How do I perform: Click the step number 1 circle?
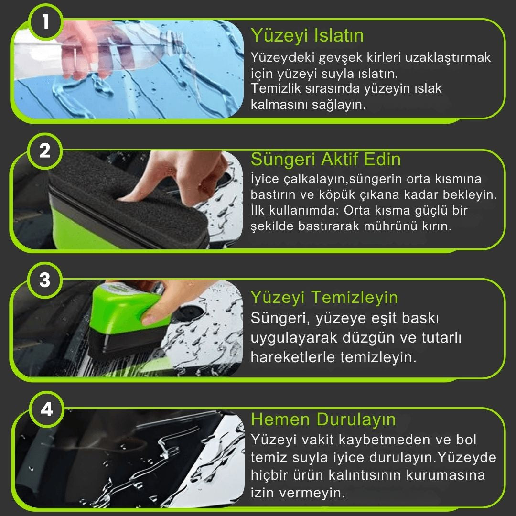pos(46,22)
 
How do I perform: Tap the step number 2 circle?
pos(45,151)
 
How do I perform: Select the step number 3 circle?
pos(45,280)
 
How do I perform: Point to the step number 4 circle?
pos(46,409)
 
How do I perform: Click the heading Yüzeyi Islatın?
pos(307,35)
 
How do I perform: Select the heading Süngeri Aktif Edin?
pos(326,159)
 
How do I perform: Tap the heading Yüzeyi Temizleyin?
pos(324,297)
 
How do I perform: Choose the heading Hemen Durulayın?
pos(323,419)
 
